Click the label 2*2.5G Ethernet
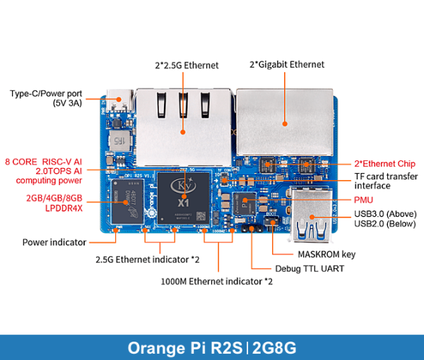point(187,65)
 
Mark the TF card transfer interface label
point(386,181)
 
